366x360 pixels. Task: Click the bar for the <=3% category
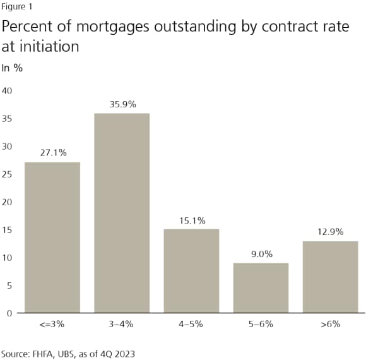(52, 237)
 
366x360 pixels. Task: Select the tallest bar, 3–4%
(122, 213)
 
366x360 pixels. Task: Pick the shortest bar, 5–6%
(261, 287)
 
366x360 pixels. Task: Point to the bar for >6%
(330, 277)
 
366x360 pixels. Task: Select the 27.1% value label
(52, 153)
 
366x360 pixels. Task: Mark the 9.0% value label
(261, 254)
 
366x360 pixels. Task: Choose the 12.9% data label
(330, 232)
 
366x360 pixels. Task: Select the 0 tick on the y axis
(9, 313)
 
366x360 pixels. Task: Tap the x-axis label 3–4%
(122, 324)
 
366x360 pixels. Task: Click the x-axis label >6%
(330, 324)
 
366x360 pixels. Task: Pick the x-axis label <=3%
(52, 324)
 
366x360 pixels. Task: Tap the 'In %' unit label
(12, 68)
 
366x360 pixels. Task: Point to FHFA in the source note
(42, 353)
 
